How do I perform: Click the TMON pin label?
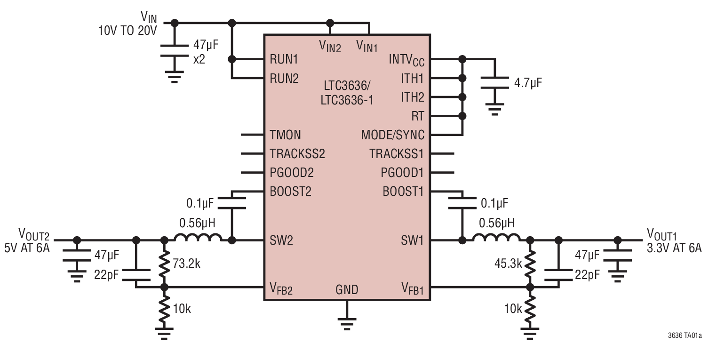tap(285, 135)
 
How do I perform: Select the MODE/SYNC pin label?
tap(392, 135)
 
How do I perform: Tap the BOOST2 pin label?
tap(290, 192)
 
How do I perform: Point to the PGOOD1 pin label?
tap(402, 173)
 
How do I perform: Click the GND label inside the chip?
tap(347, 289)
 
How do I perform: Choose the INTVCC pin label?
tap(406, 60)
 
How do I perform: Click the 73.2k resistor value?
tap(186, 263)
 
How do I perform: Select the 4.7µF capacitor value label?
tap(528, 83)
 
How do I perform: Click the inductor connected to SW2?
tap(198, 238)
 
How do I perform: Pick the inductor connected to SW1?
tap(496, 238)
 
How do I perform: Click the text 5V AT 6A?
tap(27, 248)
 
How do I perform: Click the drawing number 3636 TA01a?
tap(685, 336)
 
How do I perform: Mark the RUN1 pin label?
tap(284, 60)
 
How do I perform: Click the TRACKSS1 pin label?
tap(397, 154)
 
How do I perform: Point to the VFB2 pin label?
tap(281, 288)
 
